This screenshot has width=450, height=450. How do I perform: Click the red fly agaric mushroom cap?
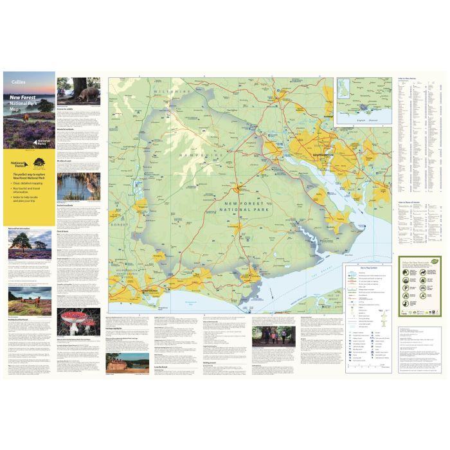coord(73,317)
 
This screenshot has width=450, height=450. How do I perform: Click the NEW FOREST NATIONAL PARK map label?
coord(238,204)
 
